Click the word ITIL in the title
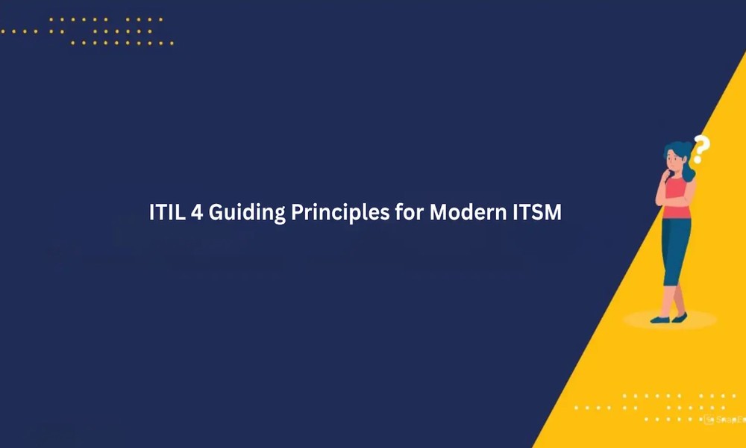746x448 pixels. (x=167, y=212)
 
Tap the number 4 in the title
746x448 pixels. (x=197, y=212)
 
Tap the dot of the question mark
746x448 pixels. (x=698, y=161)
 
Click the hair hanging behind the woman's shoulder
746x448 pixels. (x=688, y=167)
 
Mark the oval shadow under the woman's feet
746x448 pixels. (x=670, y=320)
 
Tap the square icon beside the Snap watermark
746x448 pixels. (x=709, y=420)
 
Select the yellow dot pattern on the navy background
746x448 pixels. (x=87, y=31)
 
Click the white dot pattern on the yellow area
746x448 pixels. (x=660, y=408)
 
